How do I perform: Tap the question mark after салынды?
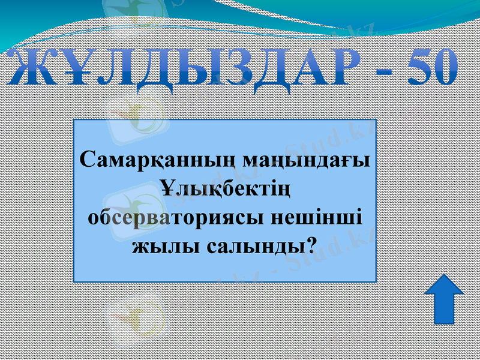(313, 244)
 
